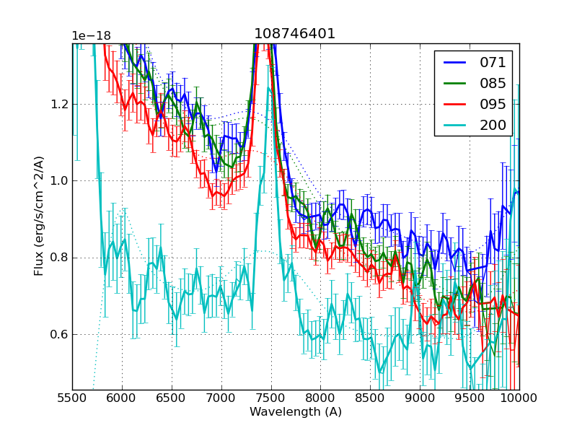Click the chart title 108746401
[295, 34]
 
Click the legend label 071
[493, 62]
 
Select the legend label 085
[493, 83]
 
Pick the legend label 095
[493, 104]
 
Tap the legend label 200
[493, 125]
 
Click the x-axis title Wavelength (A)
[296, 412]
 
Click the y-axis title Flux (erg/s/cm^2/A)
[39, 216]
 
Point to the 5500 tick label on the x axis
[72, 398]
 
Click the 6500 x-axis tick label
[172, 398]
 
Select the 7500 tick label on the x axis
[270, 398]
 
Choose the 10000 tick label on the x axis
[519, 398]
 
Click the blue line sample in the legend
[454, 62]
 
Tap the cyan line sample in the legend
[454, 125]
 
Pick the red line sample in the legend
[454, 104]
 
